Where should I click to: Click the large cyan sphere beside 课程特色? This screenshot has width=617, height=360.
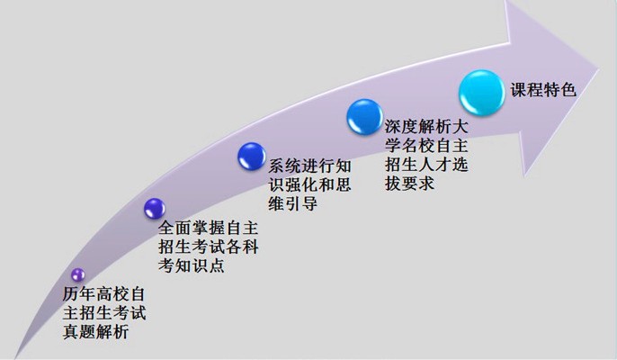click(x=482, y=93)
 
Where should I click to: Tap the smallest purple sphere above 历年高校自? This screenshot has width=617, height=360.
click(x=78, y=274)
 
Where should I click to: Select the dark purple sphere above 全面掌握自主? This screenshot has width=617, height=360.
click(x=155, y=209)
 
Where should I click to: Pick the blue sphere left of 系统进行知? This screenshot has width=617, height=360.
click(x=252, y=157)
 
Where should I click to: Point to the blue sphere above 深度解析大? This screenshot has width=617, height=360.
click(x=365, y=117)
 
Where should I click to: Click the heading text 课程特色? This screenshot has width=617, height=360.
click(x=543, y=90)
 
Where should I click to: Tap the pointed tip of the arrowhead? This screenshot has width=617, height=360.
click(x=599, y=69)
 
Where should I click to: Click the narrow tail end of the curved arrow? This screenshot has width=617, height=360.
click(x=16, y=356)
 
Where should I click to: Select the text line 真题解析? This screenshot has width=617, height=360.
click(x=96, y=331)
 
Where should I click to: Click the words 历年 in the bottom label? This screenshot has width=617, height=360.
click(x=79, y=293)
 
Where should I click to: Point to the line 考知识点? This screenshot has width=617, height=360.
click(x=192, y=265)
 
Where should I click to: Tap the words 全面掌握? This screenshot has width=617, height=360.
click(x=192, y=228)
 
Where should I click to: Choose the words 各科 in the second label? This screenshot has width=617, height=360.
click(x=242, y=247)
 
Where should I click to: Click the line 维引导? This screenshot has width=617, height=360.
click(x=293, y=203)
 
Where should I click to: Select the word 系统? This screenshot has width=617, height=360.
click(x=284, y=166)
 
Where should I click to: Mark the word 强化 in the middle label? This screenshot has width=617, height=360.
click(x=301, y=184)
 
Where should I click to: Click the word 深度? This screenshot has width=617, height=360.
click(x=401, y=126)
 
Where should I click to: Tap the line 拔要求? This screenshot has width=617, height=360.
click(x=409, y=184)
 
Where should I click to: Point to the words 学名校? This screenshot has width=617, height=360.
click(x=409, y=145)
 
